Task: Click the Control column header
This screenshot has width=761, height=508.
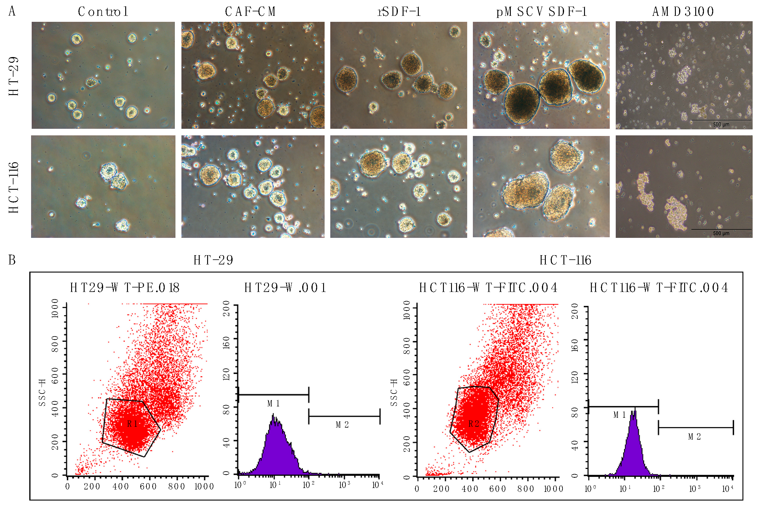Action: tap(103, 12)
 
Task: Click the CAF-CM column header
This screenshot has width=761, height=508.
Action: tap(250, 12)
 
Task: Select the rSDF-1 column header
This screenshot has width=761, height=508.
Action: tap(399, 12)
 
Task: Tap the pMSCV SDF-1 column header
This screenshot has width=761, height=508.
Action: tap(541, 12)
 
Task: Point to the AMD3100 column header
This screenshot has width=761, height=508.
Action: tap(683, 12)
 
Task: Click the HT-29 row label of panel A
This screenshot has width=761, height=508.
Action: tap(14, 76)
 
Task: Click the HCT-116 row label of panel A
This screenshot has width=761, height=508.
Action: tap(14, 188)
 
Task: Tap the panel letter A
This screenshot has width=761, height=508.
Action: tap(12, 11)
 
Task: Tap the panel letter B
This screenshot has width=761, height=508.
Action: tap(12, 260)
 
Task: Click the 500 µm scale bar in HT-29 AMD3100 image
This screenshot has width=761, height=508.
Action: tap(721, 120)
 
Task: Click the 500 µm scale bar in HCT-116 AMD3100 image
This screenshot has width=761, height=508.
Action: tap(721, 230)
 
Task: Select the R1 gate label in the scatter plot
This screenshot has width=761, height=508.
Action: tap(132, 424)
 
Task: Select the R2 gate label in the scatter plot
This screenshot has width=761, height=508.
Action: tap(474, 424)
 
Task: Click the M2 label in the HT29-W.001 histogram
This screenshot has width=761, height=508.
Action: tap(343, 425)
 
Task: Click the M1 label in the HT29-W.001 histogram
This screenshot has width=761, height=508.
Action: tap(273, 404)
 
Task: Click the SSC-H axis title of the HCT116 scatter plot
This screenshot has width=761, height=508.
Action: tap(394, 392)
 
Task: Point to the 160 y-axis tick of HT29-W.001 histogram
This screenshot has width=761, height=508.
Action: tap(227, 343)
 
